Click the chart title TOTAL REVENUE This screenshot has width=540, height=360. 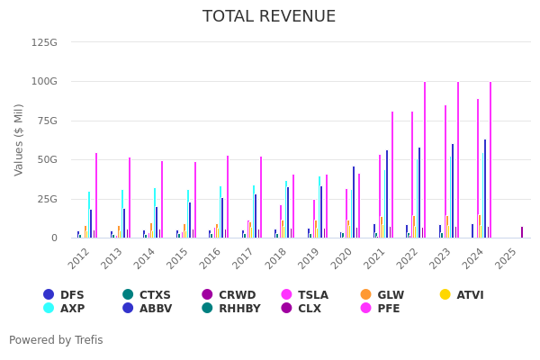coord(269,17)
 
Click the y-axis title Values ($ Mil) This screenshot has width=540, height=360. coord(20,139)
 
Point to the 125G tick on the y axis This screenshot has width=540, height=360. coord(44,42)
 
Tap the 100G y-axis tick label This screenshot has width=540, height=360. coord(44,81)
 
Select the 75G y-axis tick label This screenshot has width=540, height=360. coord(47,121)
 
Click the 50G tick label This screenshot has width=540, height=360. coord(47,159)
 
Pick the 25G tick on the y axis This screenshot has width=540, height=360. coord(47,199)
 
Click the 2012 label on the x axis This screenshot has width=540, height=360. coord(79,258)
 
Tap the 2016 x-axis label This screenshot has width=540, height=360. coord(211,258)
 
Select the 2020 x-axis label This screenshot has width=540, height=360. coord(342,258)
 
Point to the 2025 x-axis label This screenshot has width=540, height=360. coord(507,258)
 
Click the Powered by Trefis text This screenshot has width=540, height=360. coord(56,341)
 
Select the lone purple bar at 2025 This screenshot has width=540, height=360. coord(522,232)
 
